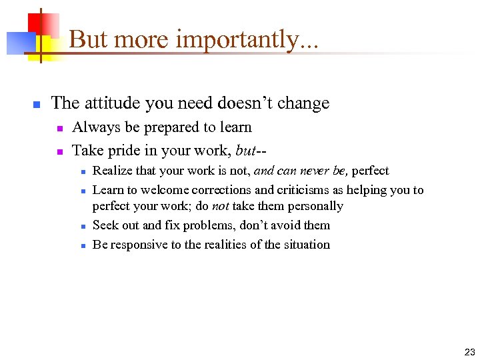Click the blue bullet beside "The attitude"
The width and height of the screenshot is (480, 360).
click(x=38, y=105)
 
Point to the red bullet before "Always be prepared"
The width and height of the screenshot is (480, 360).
click(x=59, y=128)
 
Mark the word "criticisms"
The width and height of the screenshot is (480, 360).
click(x=294, y=190)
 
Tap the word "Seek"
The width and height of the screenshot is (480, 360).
click(x=105, y=225)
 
